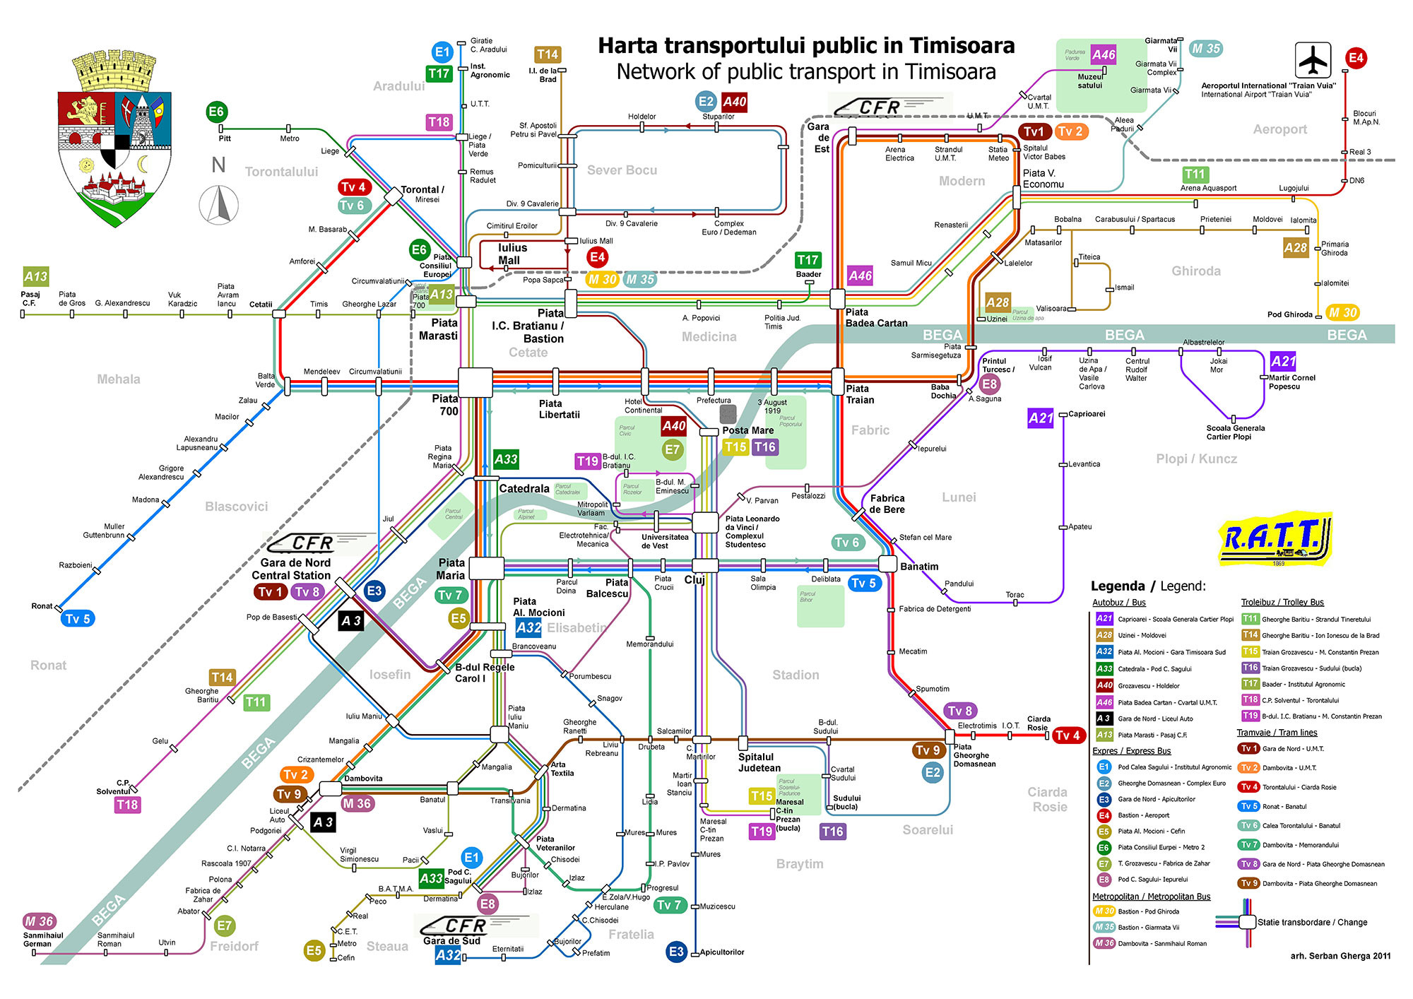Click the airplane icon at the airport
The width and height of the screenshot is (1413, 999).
pyautogui.click(x=1313, y=60)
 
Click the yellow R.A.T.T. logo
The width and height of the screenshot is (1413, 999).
pyautogui.click(x=1276, y=538)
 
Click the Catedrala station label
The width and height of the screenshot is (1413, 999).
pyautogui.click(x=524, y=489)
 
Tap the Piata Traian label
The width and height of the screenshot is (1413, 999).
pyautogui.click(x=860, y=394)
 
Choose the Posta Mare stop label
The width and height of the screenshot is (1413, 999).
pyautogui.click(x=747, y=430)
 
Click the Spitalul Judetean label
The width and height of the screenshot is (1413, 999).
pyautogui.click(x=759, y=762)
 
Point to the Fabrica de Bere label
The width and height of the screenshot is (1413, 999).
pyautogui.click(x=887, y=504)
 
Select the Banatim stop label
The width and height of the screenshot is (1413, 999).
pyautogui.click(x=919, y=567)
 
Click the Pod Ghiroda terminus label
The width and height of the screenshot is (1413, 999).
pyautogui.click(x=1289, y=314)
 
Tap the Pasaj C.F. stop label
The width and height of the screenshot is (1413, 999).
pyautogui.click(x=30, y=299)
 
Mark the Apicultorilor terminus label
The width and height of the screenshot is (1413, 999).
pyautogui.click(x=721, y=952)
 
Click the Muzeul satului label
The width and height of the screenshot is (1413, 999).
pyautogui.click(x=1089, y=81)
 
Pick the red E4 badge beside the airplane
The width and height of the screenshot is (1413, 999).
pyautogui.click(x=1355, y=58)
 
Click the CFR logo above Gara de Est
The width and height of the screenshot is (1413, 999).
pyautogui.click(x=880, y=107)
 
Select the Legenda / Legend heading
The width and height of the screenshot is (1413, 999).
pyautogui.click(x=1148, y=586)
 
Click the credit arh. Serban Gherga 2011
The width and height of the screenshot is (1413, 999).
pyautogui.click(x=1340, y=956)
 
